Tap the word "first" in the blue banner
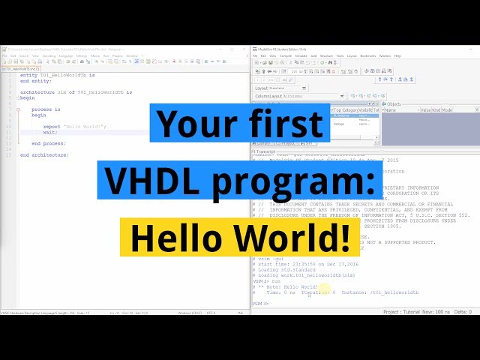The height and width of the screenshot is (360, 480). (289, 122)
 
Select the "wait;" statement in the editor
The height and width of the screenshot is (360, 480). (49, 131)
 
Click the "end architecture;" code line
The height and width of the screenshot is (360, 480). (44, 154)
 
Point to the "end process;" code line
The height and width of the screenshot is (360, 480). (49, 142)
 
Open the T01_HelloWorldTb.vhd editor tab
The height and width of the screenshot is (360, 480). (22, 68)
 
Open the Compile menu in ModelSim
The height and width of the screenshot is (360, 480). (286, 55)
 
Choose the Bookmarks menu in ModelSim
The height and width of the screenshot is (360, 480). (367, 55)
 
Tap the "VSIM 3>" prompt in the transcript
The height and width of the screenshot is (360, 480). (259, 304)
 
